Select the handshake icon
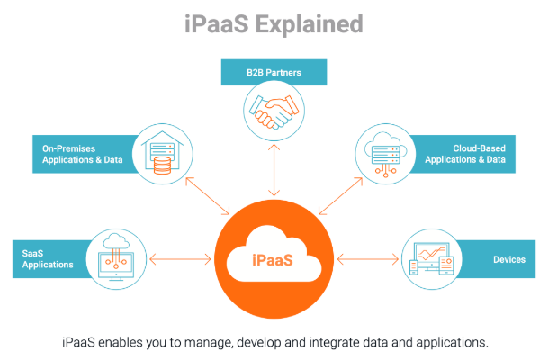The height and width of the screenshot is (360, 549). pos(274,112)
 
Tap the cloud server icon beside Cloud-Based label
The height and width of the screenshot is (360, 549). pos(384,152)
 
